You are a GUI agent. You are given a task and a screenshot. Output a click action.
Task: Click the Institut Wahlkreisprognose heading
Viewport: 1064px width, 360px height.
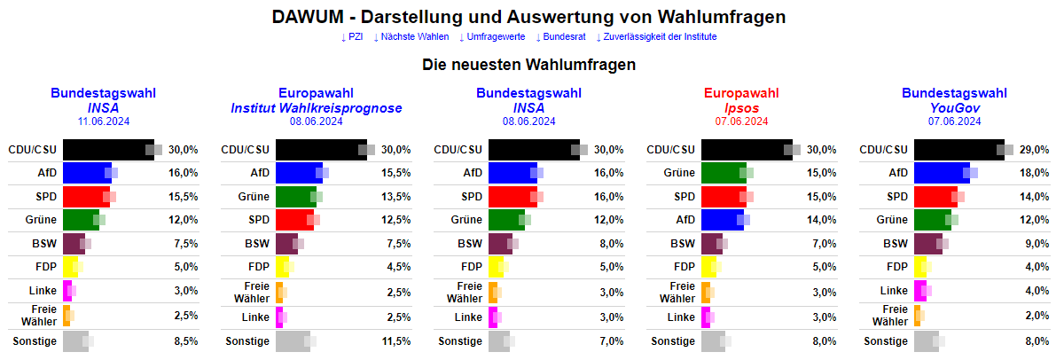tap(316, 108)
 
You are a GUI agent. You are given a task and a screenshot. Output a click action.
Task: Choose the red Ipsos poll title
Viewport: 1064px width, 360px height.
tap(741, 108)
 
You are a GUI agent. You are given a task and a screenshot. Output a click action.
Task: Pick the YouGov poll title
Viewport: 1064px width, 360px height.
tap(954, 108)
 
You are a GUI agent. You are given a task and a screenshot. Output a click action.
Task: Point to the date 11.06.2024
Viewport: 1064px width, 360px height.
tap(103, 121)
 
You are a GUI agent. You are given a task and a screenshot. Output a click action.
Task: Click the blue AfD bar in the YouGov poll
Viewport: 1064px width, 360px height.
tap(942, 173)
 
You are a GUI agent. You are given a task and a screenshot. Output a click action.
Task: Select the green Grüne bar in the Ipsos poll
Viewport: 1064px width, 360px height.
tap(724, 173)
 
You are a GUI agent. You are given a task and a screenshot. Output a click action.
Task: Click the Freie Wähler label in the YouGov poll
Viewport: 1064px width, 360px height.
tap(890, 315)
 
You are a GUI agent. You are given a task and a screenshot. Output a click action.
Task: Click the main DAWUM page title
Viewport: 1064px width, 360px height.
tap(528, 18)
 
